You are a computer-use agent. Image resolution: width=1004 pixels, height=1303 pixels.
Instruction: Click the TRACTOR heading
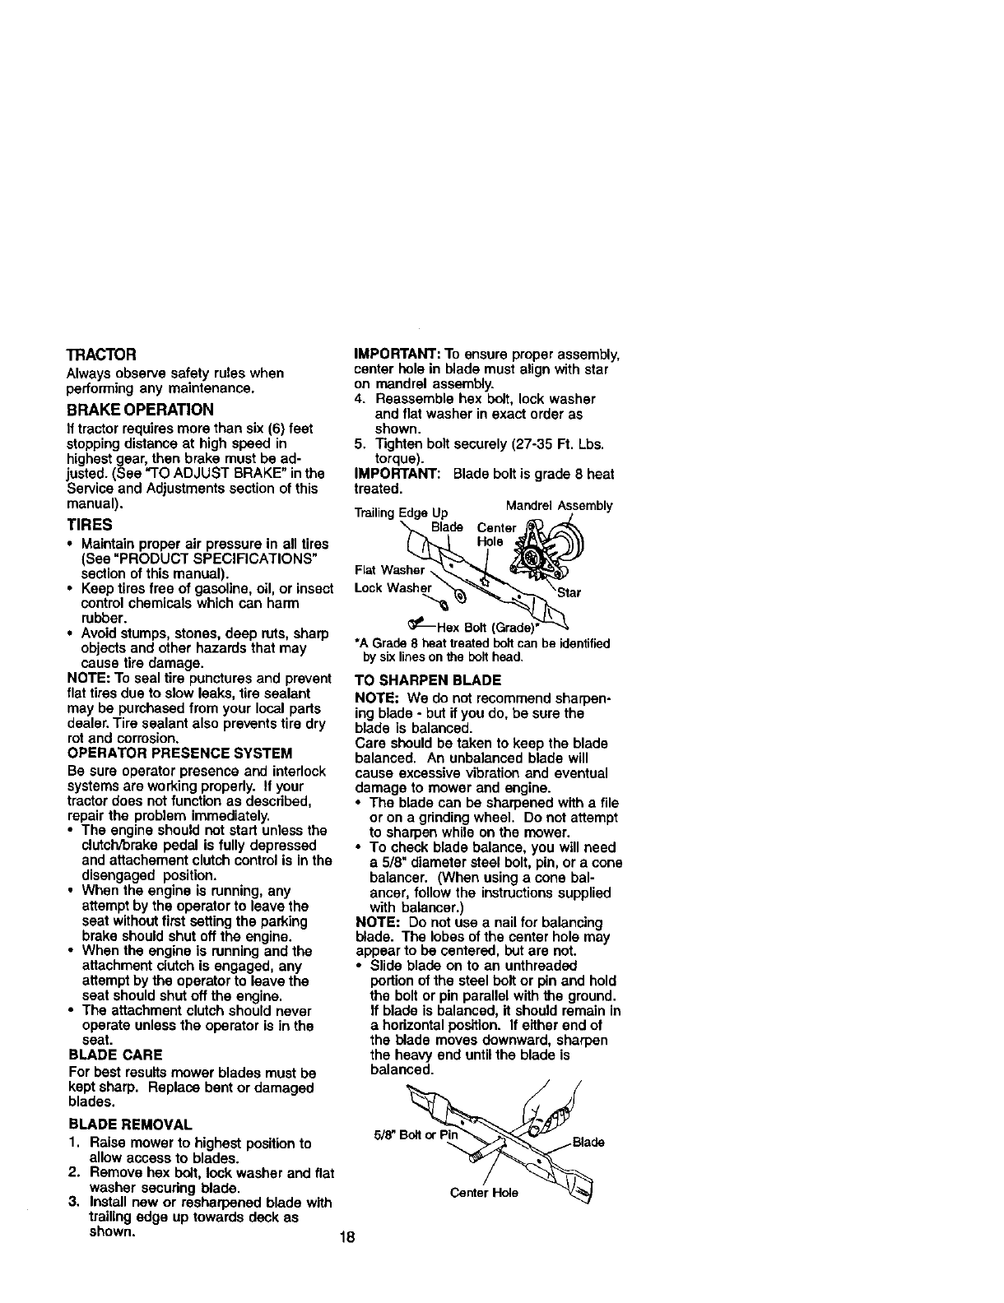(101, 355)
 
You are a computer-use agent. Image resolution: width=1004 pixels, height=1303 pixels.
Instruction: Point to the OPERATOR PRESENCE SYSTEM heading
(179, 753)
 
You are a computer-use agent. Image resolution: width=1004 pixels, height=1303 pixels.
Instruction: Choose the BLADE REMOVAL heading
(130, 1124)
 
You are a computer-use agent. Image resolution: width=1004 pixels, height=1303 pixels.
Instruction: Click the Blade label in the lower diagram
(588, 1142)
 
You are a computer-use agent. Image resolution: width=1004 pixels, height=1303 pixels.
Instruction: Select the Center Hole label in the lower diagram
(484, 1193)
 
